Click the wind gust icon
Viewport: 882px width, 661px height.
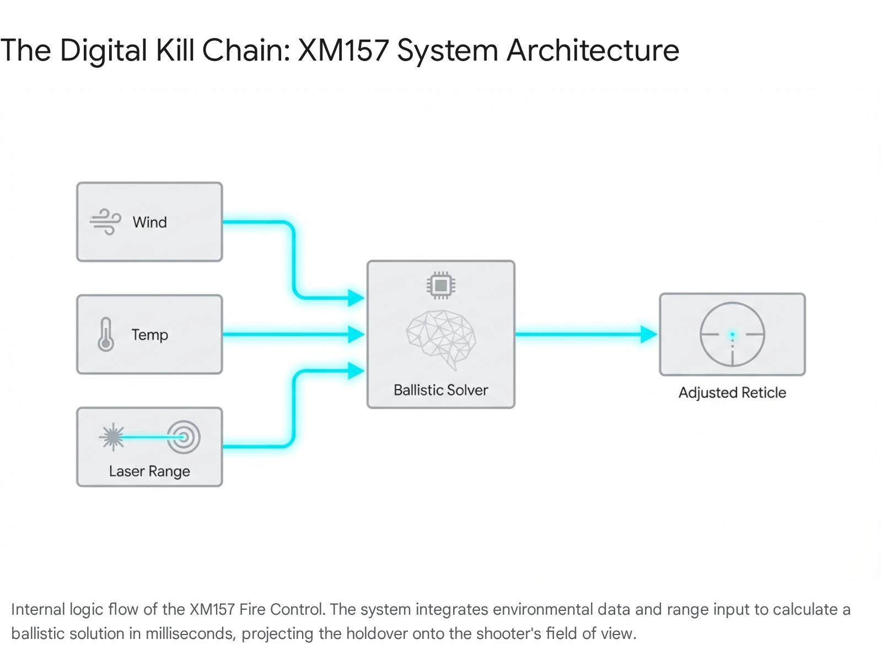point(105,222)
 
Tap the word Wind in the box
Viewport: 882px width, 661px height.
point(149,223)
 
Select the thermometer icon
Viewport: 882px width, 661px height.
point(106,334)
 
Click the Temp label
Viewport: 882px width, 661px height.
point(149,335)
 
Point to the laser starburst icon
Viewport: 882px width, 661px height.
point(112,437)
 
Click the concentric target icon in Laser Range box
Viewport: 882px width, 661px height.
point(184,437)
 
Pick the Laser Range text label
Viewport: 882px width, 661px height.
point(149,472)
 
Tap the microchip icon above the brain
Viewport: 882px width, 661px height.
point(440,285)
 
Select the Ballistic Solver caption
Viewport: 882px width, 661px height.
point(441,390)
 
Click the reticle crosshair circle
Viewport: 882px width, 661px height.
point(732,334)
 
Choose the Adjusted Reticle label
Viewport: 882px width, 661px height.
point(732,393)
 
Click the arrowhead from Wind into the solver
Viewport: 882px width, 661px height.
point(356,298)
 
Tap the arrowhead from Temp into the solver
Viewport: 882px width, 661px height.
point(356,334)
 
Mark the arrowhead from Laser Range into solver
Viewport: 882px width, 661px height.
point(356,371)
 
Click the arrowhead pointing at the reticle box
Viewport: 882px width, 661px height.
point(649,334)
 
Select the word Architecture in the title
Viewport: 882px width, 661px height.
point(593,51)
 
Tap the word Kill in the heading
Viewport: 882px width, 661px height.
point(175,51)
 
